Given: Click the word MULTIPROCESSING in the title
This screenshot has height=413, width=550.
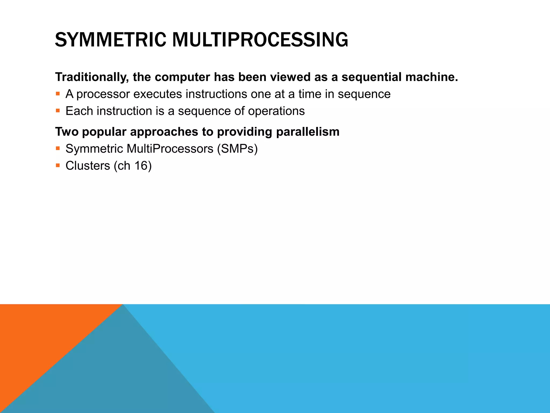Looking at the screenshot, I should point(260,40).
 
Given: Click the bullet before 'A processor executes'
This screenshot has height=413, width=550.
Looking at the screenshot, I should point(58,94).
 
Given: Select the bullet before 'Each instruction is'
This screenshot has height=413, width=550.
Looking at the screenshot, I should point(58,111).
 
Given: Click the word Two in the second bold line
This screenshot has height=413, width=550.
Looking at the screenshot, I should point(67,132).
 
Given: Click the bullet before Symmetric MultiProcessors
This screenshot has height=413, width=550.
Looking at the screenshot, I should point(58,148).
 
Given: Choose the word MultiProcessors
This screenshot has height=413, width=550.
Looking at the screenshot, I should point(170,149).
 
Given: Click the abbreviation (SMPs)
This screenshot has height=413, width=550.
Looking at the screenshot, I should point(237,149).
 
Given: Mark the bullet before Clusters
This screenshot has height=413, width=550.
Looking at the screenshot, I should point(58,165).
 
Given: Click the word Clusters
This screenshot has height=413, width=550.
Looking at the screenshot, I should point(88,166).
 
